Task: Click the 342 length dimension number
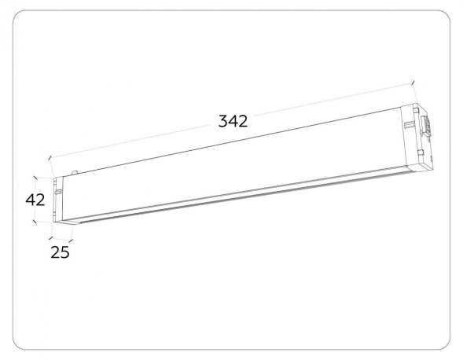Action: tap(233, 121)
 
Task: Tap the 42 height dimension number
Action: tap(35, 200)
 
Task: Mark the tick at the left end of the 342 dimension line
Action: tap(50, 157)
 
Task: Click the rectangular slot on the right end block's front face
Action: tap(408, 125)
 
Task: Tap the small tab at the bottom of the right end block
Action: tap(425, 166)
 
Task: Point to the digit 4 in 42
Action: tap(30, 200)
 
